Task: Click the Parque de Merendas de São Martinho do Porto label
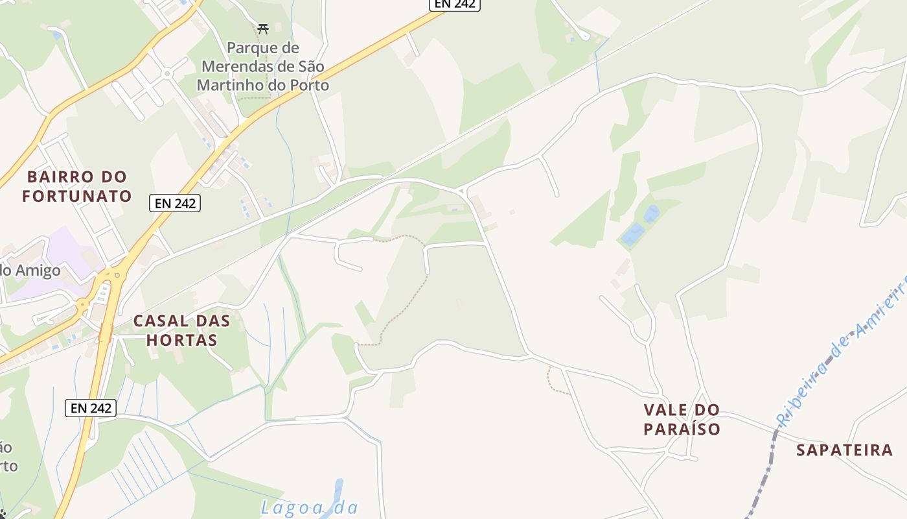263,67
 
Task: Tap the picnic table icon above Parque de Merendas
263,29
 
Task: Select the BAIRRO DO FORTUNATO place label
77,186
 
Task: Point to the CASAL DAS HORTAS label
181,330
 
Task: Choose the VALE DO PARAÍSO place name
682,419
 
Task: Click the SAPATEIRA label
844,450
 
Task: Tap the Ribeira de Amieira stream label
842,350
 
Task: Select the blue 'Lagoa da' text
310,507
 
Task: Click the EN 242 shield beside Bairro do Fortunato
175,203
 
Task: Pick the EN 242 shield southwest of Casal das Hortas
91,408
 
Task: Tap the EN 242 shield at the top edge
454,4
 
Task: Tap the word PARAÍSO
682,429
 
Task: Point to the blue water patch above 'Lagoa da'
337,490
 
